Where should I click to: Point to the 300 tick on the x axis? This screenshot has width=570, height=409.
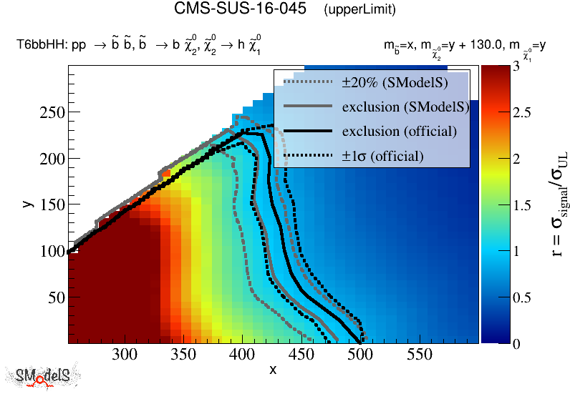pos(125,354)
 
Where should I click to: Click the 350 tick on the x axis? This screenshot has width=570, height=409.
pos(184,354)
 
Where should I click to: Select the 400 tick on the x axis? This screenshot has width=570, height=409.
pos(243,354)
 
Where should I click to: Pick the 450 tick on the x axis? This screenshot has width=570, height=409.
pos(301,354)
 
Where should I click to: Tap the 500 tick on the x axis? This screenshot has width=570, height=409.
pos(360,354)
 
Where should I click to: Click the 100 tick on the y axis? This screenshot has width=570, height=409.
pos(52,251)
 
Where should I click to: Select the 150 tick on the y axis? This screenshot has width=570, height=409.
pos(52,205)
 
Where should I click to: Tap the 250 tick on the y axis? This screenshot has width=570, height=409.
pos(52,112)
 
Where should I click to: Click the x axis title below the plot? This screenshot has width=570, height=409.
pos(273,369)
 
